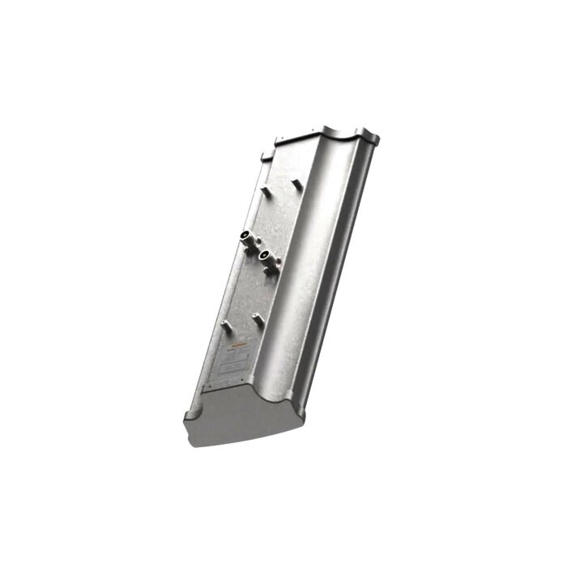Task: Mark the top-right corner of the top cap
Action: (378, 139)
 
